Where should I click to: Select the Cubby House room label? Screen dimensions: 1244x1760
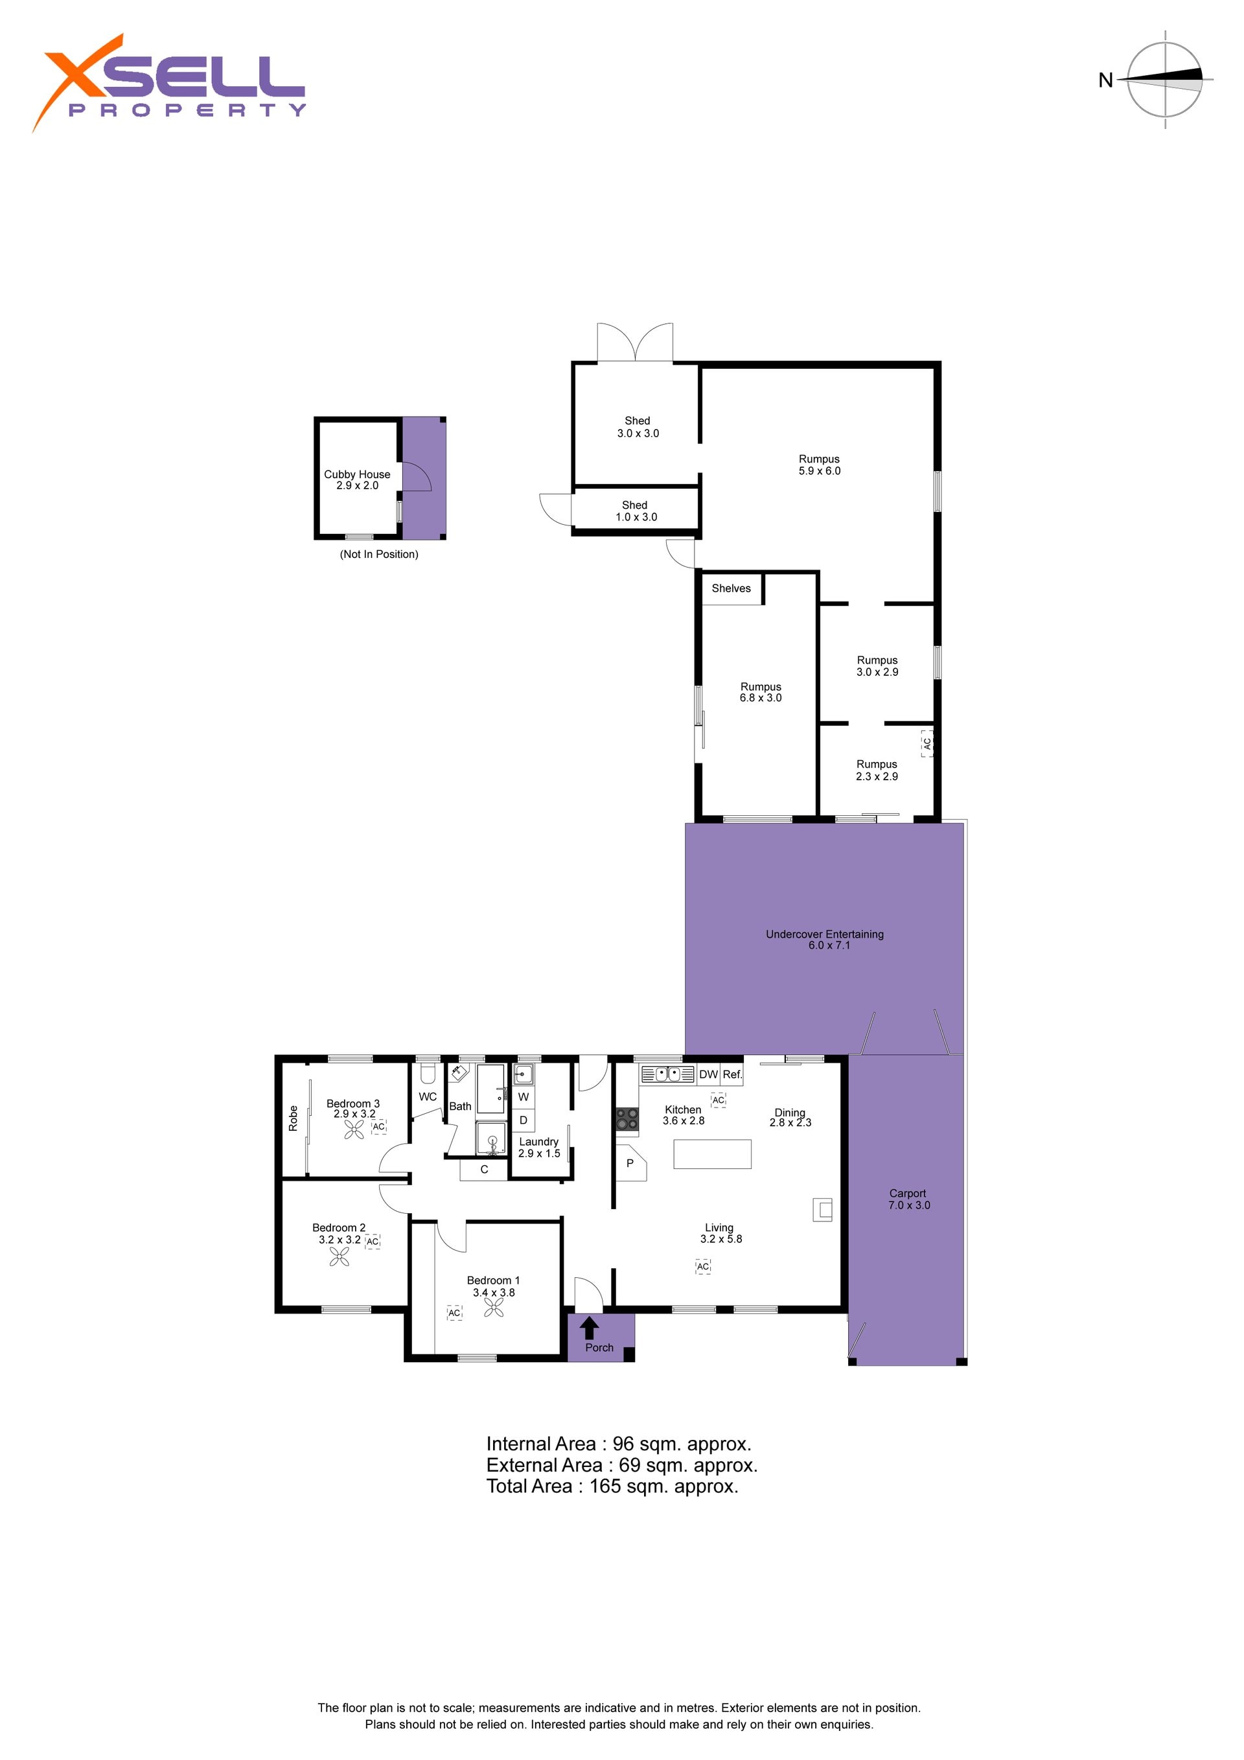[x=357, y=480]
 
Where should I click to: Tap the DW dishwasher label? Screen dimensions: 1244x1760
[x=708, y=1074]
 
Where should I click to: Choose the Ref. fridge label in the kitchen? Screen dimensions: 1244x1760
[x=732, y=1074]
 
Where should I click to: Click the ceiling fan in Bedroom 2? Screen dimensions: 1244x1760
[x=339, y=1256]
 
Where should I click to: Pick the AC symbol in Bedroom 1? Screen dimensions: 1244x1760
[x=455, y=1312]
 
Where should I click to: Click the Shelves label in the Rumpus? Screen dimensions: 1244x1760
[x=731, y=588]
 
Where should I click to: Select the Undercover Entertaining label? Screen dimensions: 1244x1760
[x=825, y=940]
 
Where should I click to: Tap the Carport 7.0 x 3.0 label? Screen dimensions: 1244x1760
[x=908, y=1199]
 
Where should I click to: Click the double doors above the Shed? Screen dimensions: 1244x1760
[x=636, y=342]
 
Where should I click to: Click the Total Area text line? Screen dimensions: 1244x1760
[x=612, y=1487]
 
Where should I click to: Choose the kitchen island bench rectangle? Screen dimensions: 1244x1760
[x=712, y=1153]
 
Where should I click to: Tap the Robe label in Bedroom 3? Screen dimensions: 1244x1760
[x=293, y=1118]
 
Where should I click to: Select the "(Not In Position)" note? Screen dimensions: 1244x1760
[x=378, y=554]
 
